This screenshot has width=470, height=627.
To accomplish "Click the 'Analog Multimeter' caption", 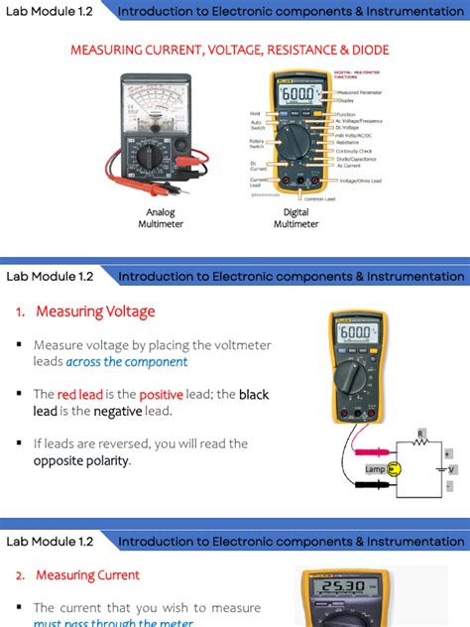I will [x=161, y=217].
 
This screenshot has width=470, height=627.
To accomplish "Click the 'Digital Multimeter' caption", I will [x=295, y=217].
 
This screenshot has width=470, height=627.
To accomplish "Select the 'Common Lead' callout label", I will [x=320, y=198].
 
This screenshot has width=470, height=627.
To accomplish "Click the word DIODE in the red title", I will [x=362, y=49].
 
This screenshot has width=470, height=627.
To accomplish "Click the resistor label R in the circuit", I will [x=420, y=434].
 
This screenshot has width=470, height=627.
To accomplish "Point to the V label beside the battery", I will [x=452, y=468].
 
